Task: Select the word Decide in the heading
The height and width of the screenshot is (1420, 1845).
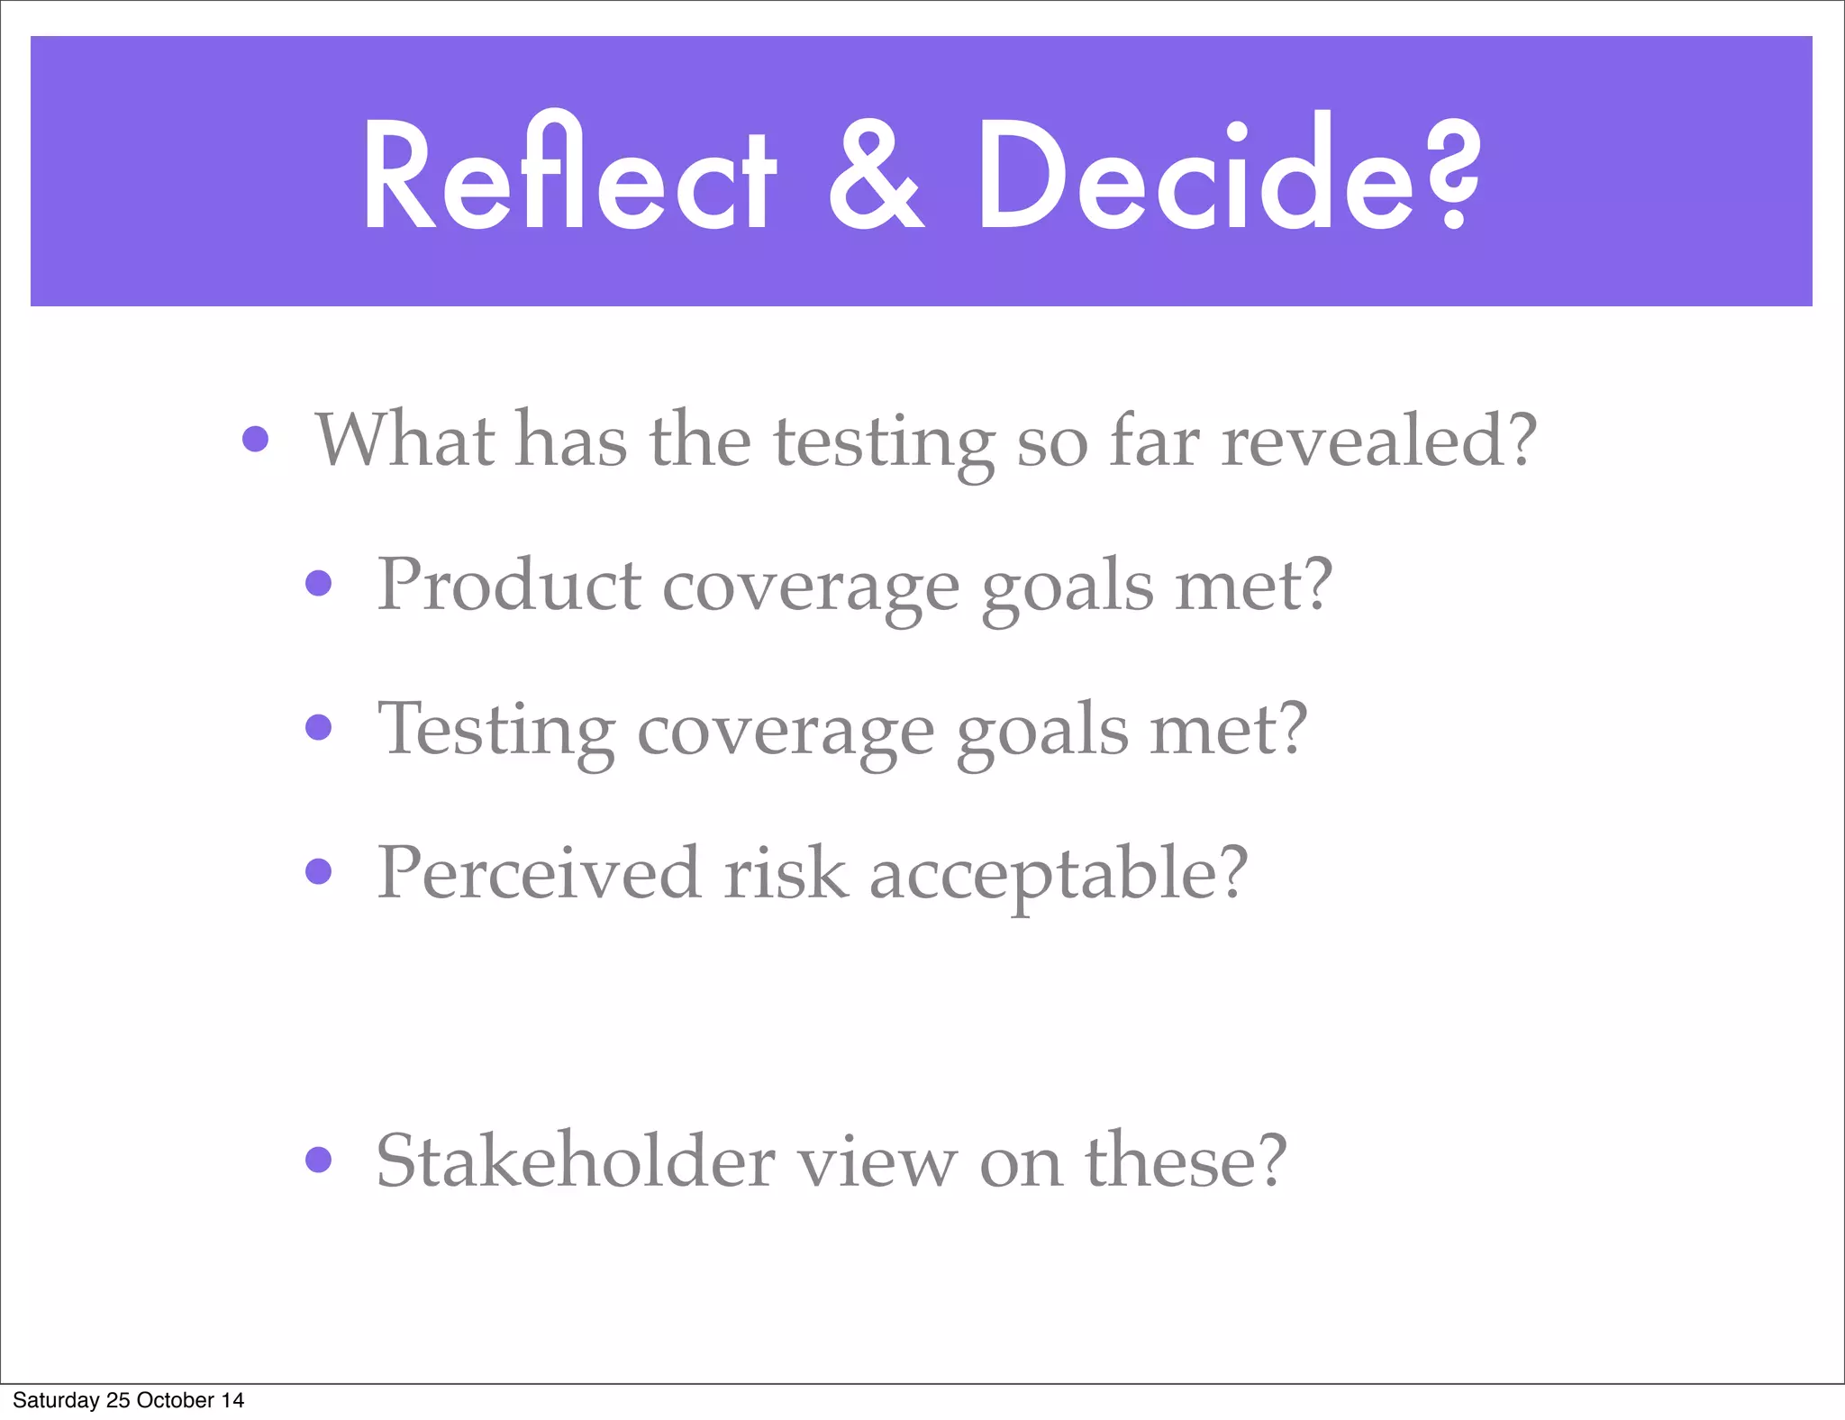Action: pos(1198,174)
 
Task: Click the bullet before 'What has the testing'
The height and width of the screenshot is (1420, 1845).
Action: pos(256,440)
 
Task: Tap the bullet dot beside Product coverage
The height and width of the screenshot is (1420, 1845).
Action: pos(319,584)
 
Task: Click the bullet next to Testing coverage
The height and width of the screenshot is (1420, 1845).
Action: pos(319,727)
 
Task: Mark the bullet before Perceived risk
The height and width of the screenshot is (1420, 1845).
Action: pos(319,871)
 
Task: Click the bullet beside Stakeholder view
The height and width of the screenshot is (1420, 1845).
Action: pos(319,1160)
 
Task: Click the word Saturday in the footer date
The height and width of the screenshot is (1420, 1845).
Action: pos(56,1400)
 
